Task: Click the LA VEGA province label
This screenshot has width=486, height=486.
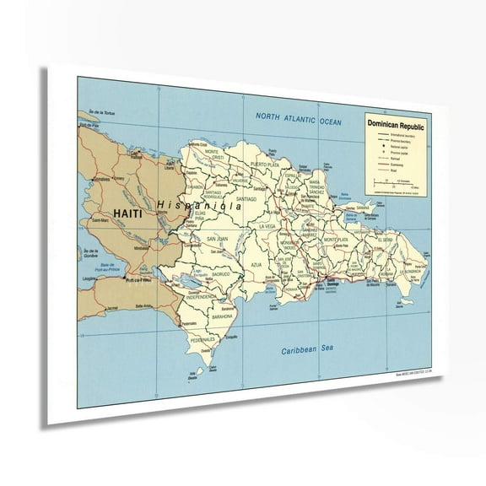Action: click(x=267, y=227)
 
